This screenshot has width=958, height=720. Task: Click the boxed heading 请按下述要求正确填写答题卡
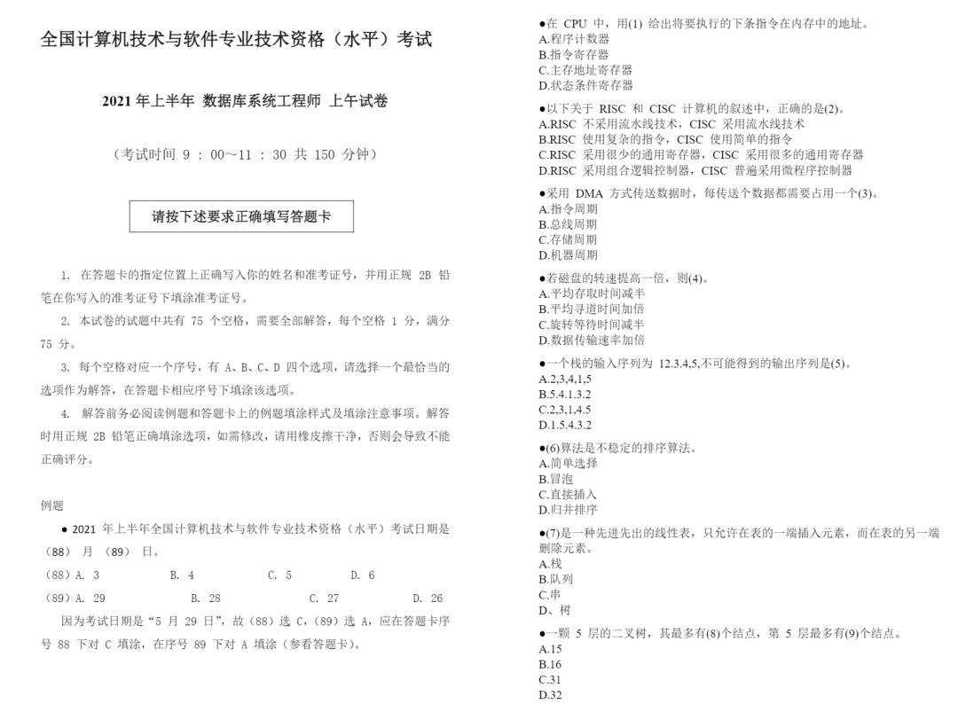[241, 216]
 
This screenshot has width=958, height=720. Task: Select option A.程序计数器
[574, 39]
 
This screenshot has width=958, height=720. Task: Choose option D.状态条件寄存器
[585, 85]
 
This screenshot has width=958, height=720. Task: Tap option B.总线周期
[568, 224]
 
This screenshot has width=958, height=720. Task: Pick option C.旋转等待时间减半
[592, 325]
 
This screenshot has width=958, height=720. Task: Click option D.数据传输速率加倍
[592, 340]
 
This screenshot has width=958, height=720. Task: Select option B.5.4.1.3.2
[565, 394]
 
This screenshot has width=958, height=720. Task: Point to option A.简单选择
[568, 463]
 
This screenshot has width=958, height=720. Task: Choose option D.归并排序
[568, 510]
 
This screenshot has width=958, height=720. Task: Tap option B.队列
[556, 579]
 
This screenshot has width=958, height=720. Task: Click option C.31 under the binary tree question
[550, 680]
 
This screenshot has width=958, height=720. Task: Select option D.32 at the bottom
[550, 695]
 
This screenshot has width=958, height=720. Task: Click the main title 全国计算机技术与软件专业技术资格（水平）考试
[236, 40]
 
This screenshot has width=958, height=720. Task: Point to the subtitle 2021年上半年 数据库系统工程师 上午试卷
[245, 101]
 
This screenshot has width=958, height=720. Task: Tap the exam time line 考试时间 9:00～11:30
[245, 154]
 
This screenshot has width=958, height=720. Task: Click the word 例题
[52, 505]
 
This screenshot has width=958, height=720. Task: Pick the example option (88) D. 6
[362, 575]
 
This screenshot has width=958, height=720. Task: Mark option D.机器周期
[568, 255]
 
